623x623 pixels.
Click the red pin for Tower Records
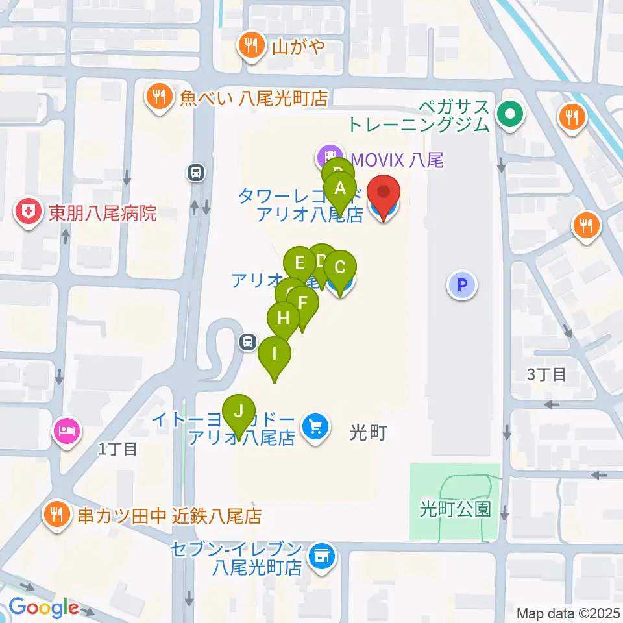[384, 193]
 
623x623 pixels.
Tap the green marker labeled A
[339, 189]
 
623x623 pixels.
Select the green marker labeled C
[340, 267]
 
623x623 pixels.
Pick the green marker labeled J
[239, 411]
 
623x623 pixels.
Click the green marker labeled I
[275, 354]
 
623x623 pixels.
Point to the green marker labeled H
[284, 319]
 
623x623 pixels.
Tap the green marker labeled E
[299, 263]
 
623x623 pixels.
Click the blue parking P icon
[462, 284]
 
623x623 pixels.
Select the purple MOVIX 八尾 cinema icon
[330, 156]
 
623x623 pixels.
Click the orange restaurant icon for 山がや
[250, 46]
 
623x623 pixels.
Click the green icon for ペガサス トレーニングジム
[509, 116]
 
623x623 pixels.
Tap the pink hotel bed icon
[68, 430]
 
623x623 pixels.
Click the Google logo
[43, 609]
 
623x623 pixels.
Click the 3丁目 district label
[546, 374]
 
